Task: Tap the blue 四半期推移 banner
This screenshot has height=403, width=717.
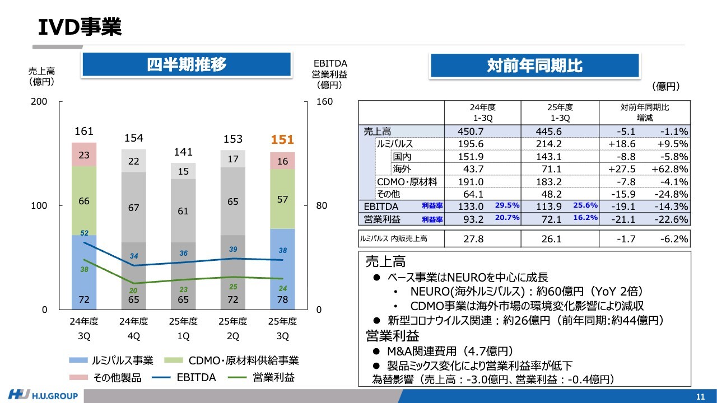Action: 187,65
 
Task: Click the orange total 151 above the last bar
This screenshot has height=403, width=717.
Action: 283,140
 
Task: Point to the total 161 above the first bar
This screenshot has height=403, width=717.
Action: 84,132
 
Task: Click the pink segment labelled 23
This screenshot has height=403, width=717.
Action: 84,155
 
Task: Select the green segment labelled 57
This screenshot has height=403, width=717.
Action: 283,199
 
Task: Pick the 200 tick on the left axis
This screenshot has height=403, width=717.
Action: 39,102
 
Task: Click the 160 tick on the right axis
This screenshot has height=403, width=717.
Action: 325,102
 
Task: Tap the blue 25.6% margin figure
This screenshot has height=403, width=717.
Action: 585,205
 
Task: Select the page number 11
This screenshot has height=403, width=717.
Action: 700,397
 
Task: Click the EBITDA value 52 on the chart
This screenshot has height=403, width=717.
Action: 85,232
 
